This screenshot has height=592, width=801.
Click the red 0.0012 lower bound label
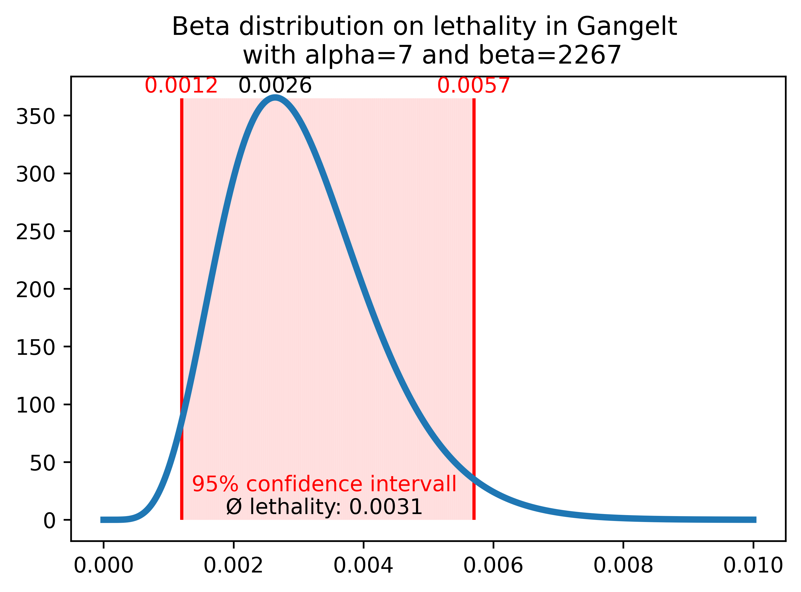pos(181,86)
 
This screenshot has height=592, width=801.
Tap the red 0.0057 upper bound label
pos(473,86)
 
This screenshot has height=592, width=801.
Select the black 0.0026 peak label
pos(275,86)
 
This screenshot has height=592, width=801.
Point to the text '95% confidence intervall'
pos(324,485)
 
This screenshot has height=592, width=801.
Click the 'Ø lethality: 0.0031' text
pos(324,507)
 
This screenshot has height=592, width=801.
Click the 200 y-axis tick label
pos(36,290)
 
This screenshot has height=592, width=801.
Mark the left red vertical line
pos(182,287)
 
